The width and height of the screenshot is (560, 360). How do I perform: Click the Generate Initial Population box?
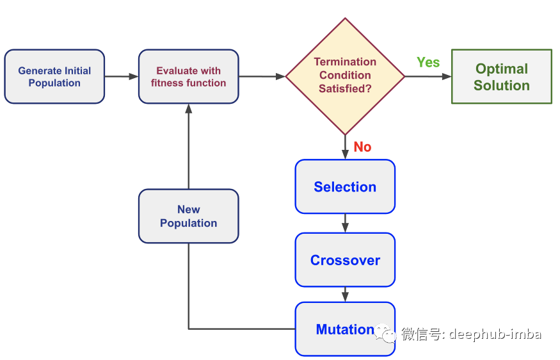tap(54, 76)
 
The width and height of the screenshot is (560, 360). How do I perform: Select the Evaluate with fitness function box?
tap(189, 76)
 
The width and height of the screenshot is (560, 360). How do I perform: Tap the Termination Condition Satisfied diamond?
tap(345, 76)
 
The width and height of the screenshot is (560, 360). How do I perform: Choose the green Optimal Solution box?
tap(502, 76)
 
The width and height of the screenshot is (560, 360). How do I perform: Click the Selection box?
tap(345, 186)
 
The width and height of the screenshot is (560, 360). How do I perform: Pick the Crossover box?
tap(345, 260)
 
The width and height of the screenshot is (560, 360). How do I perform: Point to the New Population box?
tap(189, 217)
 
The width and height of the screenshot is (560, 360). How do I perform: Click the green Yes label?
tap(428, 63)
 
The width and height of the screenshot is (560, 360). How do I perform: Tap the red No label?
tap(362, 147)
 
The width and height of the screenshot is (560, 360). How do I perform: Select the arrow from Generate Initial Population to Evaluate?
tap(122, 76)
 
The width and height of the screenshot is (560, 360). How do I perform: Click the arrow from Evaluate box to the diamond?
tap(262, 76)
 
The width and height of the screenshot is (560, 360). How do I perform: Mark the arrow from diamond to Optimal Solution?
tap(428, 76)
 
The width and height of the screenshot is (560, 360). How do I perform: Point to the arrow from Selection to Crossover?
tap(345, 223)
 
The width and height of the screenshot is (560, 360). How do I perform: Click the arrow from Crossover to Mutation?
tap(345, 295)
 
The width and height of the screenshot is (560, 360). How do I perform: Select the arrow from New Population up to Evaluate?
tap(189, 147)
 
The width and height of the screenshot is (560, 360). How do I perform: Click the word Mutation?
tap(345, 329)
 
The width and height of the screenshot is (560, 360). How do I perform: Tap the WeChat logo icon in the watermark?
tap(386, 333)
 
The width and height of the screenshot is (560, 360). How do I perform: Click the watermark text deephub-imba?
tap(495, 334)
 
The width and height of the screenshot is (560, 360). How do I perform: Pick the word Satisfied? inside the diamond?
tap(345, 88)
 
